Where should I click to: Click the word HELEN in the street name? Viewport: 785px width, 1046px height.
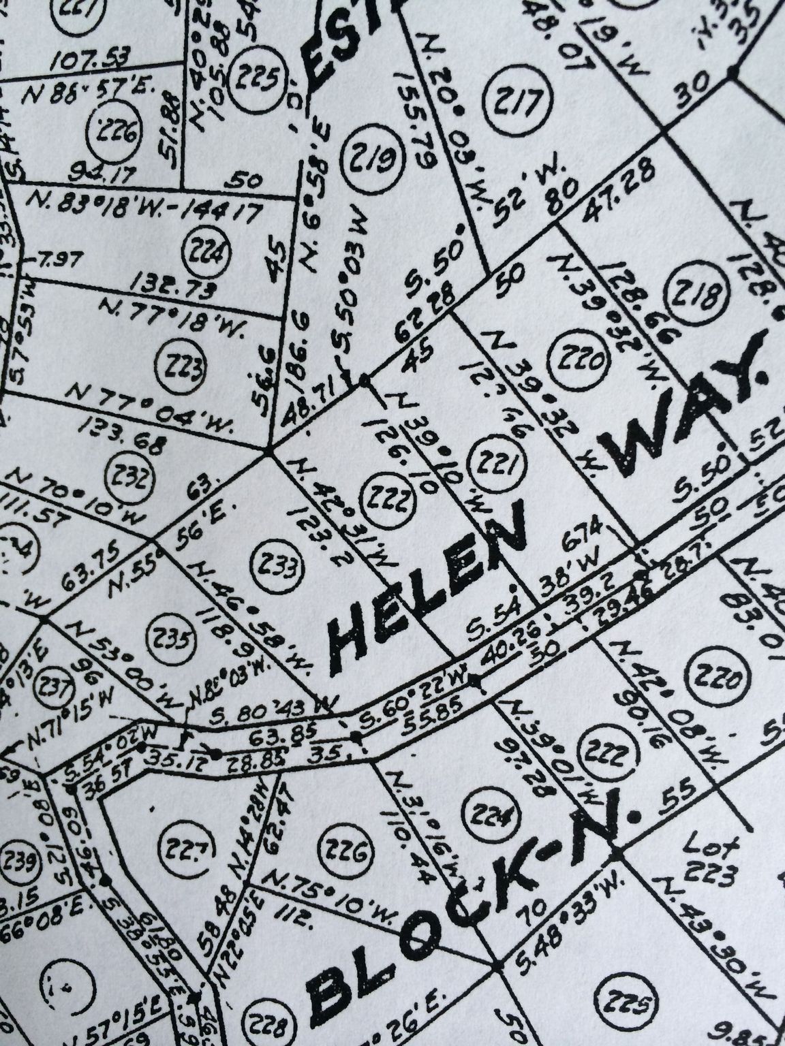(429, 584)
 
